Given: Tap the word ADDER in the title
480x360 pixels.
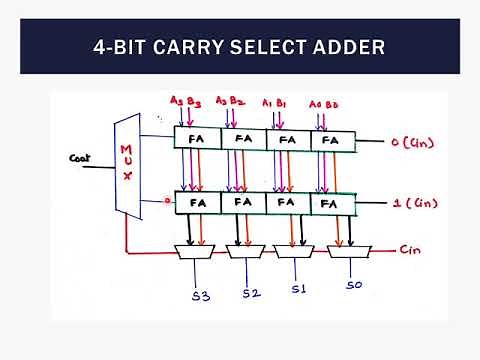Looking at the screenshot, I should pos(347,46).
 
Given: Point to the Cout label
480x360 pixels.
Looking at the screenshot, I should pos(81,157).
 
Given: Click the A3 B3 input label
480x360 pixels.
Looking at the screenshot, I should pos(185,101).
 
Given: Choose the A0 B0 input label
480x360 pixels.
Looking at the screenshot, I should pos(322,102).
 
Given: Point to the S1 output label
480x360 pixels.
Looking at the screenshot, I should pos(297,290).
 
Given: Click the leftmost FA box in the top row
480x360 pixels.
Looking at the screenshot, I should pos(197,139).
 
